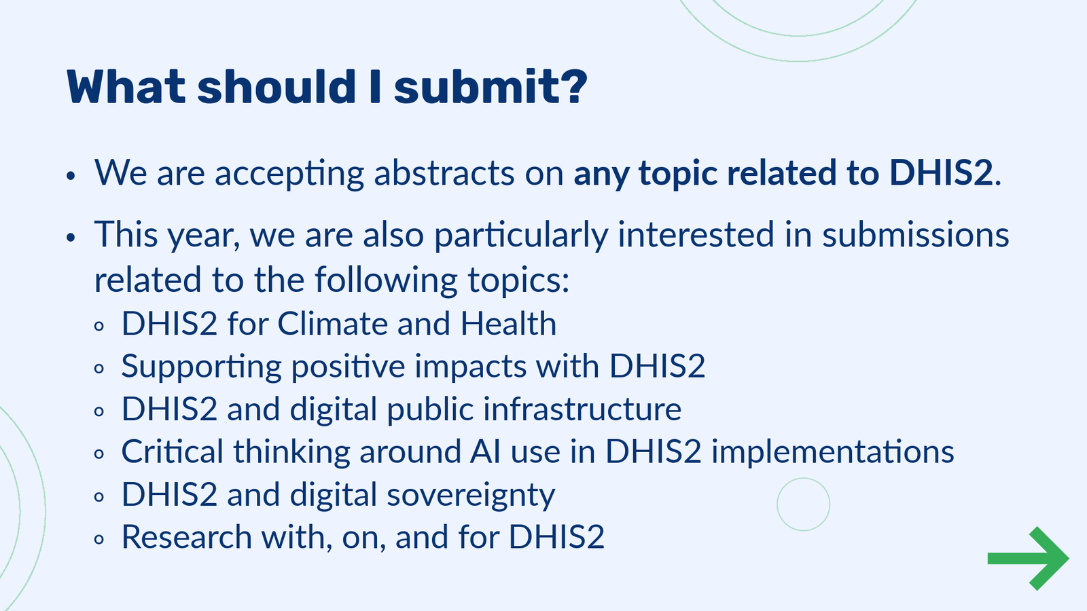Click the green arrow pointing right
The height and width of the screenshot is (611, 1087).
(x=1028, y=558)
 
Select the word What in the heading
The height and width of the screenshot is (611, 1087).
(x=126, y=88)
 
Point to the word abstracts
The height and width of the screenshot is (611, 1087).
(x=444, y=174)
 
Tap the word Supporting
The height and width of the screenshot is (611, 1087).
(x=201, y=367)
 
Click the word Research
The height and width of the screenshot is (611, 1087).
(x=186, y=538)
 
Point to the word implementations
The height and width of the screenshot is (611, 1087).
(x=832, y=452)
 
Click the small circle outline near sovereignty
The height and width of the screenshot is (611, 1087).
(x=803, y=504)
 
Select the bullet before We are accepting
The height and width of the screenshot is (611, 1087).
(x=70, y=177)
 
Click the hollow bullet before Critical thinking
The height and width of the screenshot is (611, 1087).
(x=100, y=453)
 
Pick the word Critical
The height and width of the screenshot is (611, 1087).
(x=172, y=452)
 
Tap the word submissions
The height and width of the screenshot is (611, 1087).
(x=915, y=235)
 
